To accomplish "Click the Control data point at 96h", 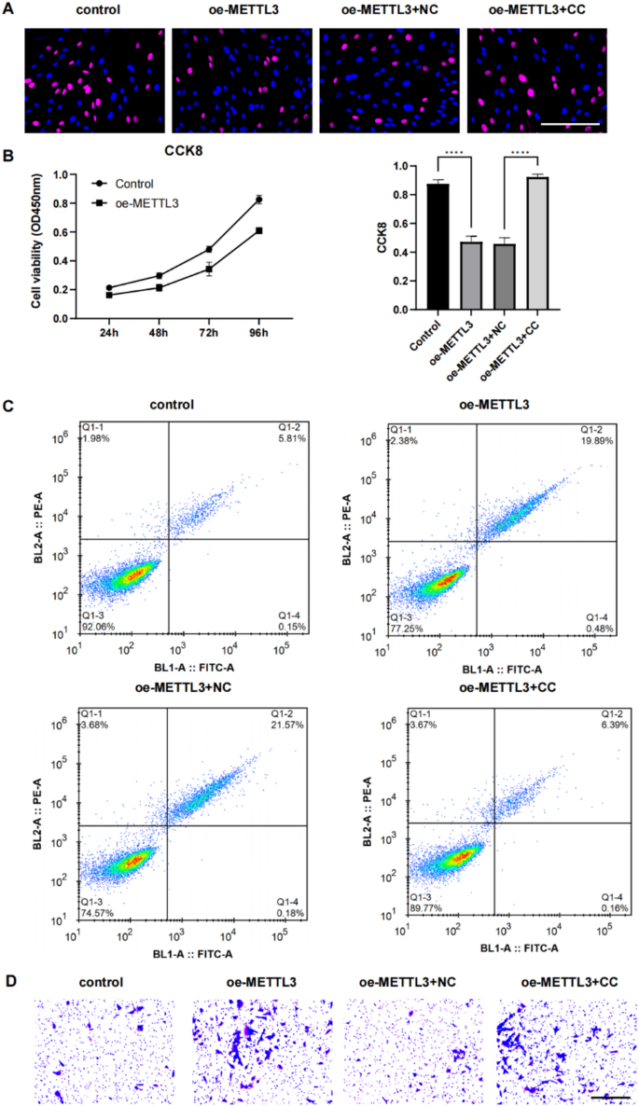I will (x=259, y=200).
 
